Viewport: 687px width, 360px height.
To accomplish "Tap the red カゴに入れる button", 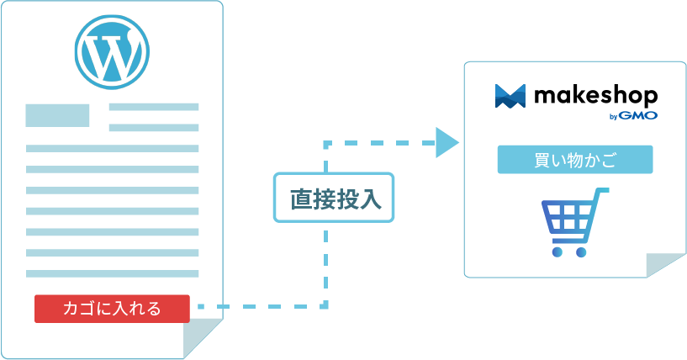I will point(112,309).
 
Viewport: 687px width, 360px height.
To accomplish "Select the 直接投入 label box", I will point(334,199).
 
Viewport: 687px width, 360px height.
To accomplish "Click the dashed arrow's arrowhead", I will point(447,141).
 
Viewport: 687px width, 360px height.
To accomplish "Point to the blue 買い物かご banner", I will point(575,160).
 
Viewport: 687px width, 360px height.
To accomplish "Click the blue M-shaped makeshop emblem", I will point(510,96).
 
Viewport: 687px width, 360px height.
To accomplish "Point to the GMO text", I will point(639,115).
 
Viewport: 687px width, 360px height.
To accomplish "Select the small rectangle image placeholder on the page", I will point(57,115).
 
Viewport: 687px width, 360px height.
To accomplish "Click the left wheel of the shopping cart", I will point(557,251).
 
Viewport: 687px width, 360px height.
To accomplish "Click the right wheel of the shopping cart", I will point(581,251).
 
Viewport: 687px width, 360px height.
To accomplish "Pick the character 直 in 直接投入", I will point(299,199).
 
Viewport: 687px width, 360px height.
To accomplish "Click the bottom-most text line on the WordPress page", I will point(112,273).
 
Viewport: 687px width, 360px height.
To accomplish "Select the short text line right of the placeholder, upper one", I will point(154,107).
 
